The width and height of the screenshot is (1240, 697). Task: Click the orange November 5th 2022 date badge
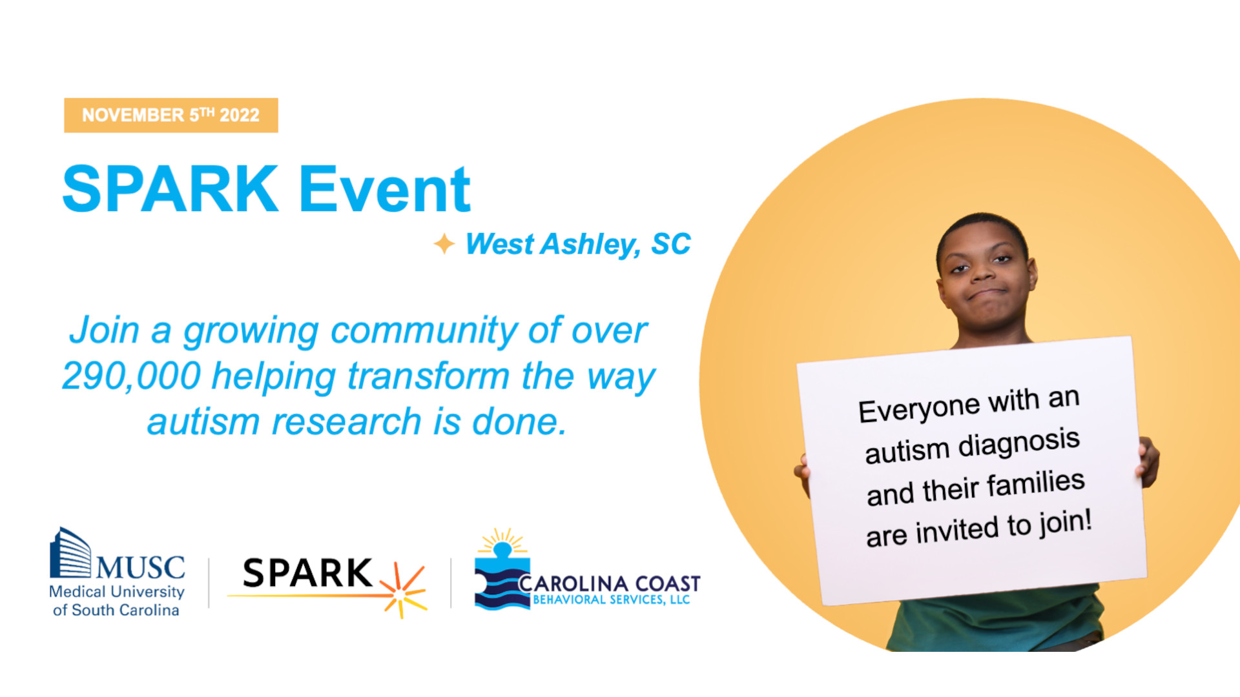[171, 116]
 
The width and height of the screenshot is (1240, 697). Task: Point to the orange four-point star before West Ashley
[444, 244]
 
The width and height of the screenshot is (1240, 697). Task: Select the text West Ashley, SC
[578, 244]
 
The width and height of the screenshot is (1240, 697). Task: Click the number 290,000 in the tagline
[131, 376]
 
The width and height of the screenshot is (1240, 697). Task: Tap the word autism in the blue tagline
[203, 422]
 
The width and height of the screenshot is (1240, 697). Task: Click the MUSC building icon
[70, 552]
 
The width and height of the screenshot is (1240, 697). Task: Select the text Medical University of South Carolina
[117, 601]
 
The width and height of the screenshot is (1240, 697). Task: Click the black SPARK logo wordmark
[307, 573]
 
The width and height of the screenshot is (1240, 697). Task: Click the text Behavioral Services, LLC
[611, 600]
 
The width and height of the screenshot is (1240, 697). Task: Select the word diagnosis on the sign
[1018, 443]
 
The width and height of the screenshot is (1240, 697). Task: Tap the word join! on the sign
[1065, 523]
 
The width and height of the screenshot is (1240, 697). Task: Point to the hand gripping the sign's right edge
[1148, 461]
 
